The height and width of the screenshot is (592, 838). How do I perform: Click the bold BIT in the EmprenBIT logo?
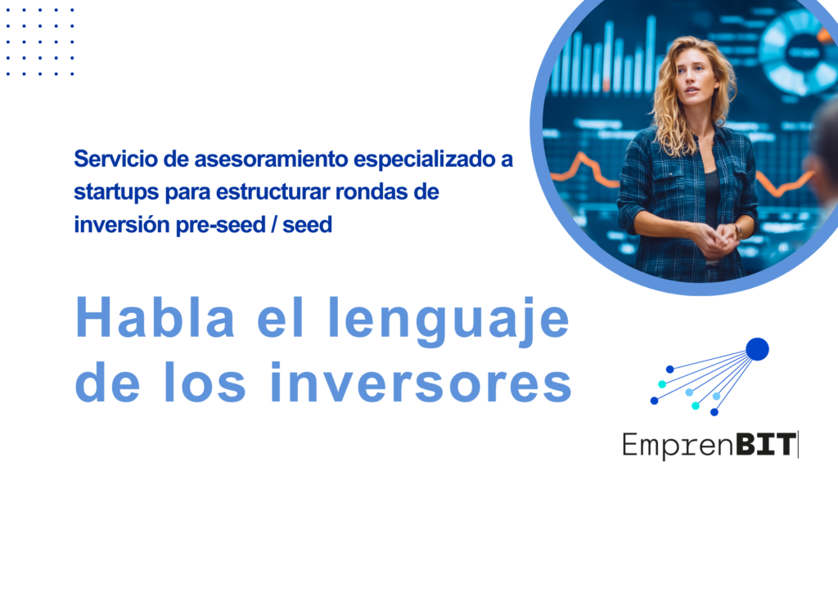764,444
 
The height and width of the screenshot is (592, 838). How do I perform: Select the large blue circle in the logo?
757,349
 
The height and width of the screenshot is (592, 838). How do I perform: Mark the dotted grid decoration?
40,41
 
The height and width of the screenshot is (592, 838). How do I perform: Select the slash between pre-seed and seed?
273,225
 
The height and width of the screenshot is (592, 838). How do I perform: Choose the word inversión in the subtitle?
121,225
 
